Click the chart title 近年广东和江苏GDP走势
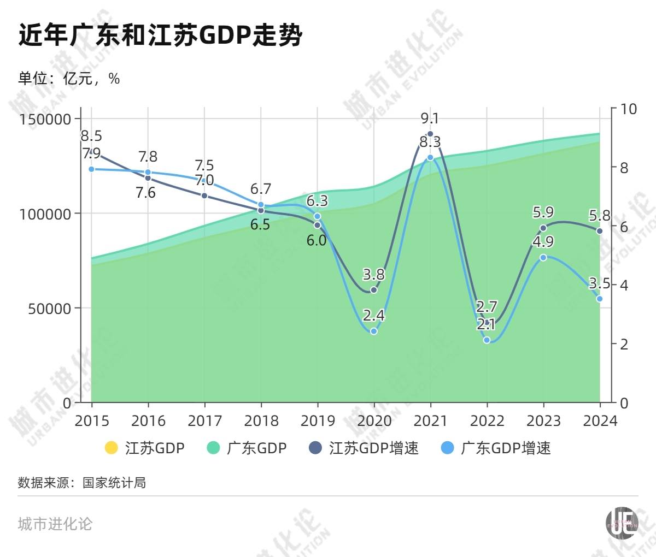(x=160, y=36)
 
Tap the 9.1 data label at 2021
(x=430, y=118)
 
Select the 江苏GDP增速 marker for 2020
(x=374, y=290)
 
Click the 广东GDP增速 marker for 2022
(x=487, y=340)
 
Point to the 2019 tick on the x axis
(x=318, y=420)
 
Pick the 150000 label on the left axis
(x=45, y=119)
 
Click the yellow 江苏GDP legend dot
(x=111, y=448)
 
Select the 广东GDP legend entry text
(x=256, y=448)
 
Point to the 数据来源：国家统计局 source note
(x=82, y=483)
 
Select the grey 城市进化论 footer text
(x=55, y=524)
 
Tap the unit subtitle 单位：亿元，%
(x=69, y=79)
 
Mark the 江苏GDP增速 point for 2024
(x=599, y=231)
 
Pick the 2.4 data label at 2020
(x=374, y=316)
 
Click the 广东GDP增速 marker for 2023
(x=543, y=257)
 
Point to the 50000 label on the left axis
(x=49, y=309)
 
